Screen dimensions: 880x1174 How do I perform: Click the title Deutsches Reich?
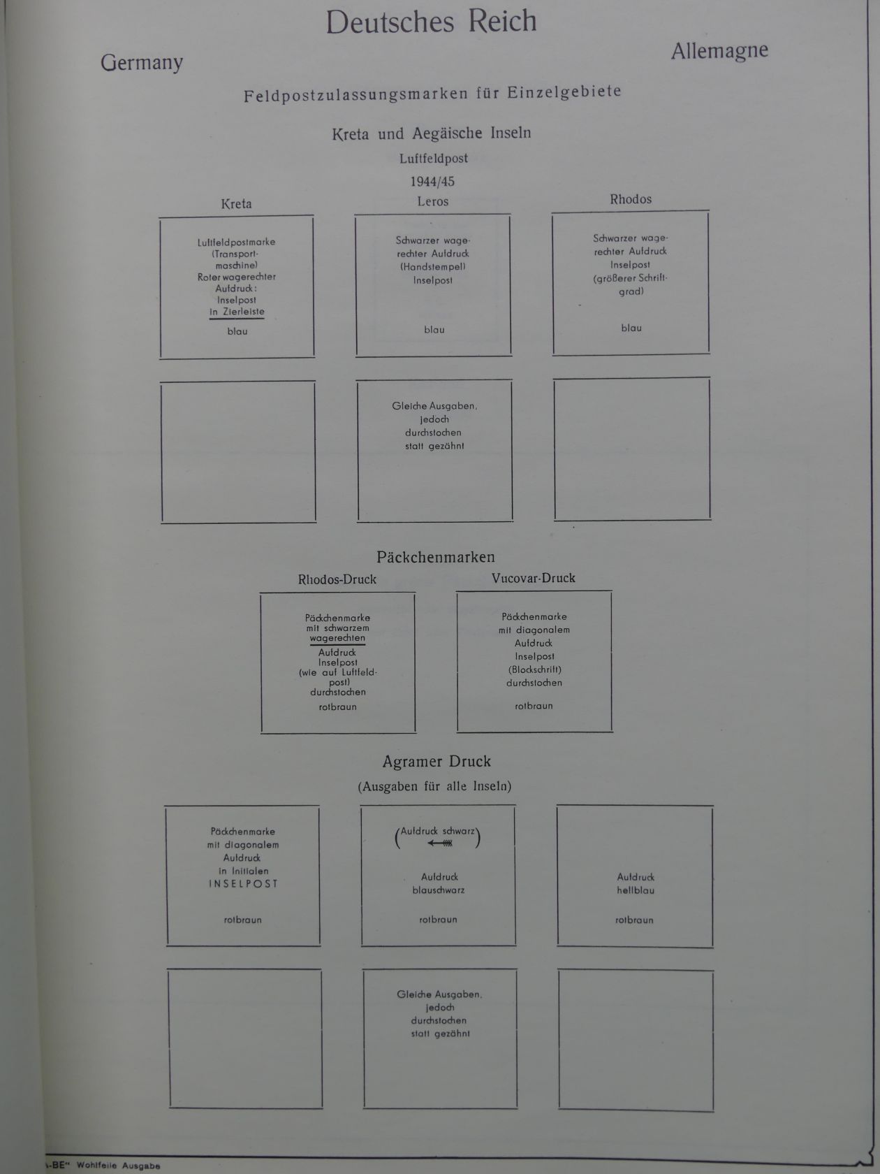[x=431, y=22]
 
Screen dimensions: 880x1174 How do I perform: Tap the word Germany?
[x=142, y=63]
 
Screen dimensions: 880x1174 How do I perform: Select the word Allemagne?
[x=719, y=51]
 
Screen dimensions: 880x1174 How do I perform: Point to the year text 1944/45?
[x=432, y=182]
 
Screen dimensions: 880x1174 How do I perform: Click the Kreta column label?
[x=236, y=204]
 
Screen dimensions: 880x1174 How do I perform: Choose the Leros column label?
[x=433, y=202]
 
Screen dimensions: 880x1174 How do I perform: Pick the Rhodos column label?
[x=631, y=199]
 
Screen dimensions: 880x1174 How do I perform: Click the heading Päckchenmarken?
[x=435, y=558]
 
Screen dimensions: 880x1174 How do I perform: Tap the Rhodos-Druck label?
[x=337, y=579]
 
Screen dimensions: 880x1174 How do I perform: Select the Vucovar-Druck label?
[x=533, y=578]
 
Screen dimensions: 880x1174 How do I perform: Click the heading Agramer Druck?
[x=437, y=762]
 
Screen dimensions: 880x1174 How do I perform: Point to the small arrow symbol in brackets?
[x=440, y=843]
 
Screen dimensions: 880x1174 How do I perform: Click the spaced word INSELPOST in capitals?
[x=243, y=883]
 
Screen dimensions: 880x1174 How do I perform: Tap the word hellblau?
[x=636, y=890]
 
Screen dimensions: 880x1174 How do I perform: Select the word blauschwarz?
[x=438, y=890]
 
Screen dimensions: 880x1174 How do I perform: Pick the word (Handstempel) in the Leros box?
[x=433, y=267]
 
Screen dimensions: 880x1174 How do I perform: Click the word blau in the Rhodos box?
[x=631, y=328]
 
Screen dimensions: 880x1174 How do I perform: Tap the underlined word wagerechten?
[x=337, y=638]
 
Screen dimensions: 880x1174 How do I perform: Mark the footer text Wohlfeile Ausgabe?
[x=118, y=1166]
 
